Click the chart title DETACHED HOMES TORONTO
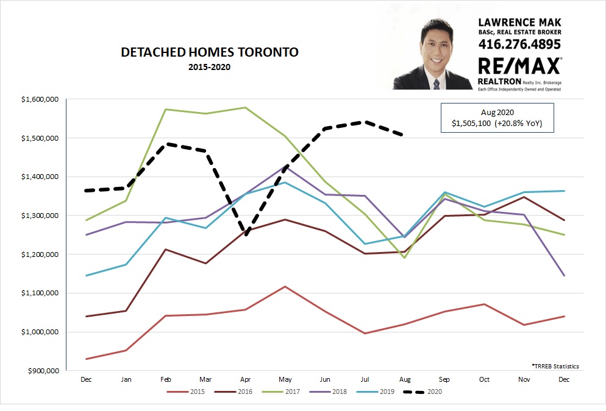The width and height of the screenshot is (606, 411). pos(210,52)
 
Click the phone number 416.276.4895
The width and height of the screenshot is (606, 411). pos(519,44)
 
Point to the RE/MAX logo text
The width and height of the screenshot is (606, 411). pos(519,66)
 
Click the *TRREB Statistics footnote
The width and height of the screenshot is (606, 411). pos(555,366)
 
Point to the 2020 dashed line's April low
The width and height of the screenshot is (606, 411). pos(245,234)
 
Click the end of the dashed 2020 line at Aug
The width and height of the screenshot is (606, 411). pos(402,135)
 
